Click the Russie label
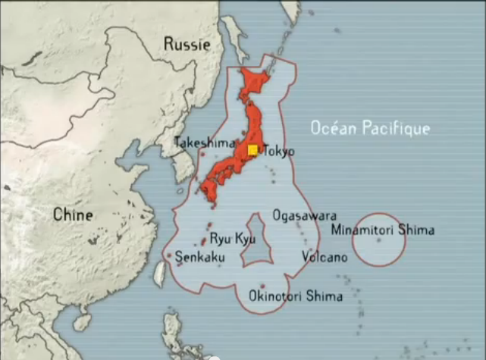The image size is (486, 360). pos(187,45)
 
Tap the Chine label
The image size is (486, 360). pos(73,215)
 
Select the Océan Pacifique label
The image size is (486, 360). pos(370,129)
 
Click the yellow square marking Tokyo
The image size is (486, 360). pos(252,150)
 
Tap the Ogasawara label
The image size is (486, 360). pos(304,216)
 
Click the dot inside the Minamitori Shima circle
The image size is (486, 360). pos(379,240)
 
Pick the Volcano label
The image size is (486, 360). pos(325,257)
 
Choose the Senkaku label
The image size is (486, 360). pos(199,258)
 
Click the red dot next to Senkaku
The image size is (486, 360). pos(170,256)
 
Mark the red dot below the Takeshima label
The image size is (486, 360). pos(202,154)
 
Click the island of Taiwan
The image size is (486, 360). pos(159,274)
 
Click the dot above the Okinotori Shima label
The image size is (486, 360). pos(262,286)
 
